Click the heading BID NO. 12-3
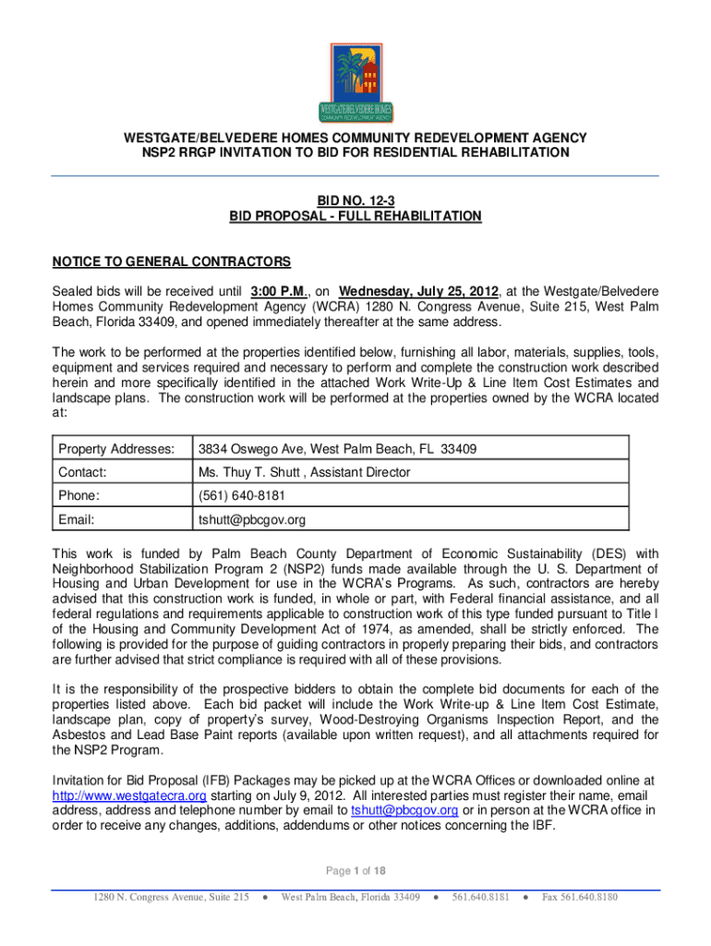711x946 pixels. [x=355, y=200]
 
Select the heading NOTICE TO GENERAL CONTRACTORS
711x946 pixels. [x=171, y=261]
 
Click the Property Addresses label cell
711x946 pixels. [x=116, y=450]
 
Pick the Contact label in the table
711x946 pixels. [x=82, y=472]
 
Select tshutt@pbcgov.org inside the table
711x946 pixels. [x=251, y=519]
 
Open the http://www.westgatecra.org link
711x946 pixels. [x=128, y=795]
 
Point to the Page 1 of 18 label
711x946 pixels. [x=355, y=870]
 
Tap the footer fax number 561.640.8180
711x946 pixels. [x=580, y=897]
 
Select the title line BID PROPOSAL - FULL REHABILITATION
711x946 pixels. [x=355, y=216]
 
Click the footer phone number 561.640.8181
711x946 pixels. [x=480, y=897]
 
